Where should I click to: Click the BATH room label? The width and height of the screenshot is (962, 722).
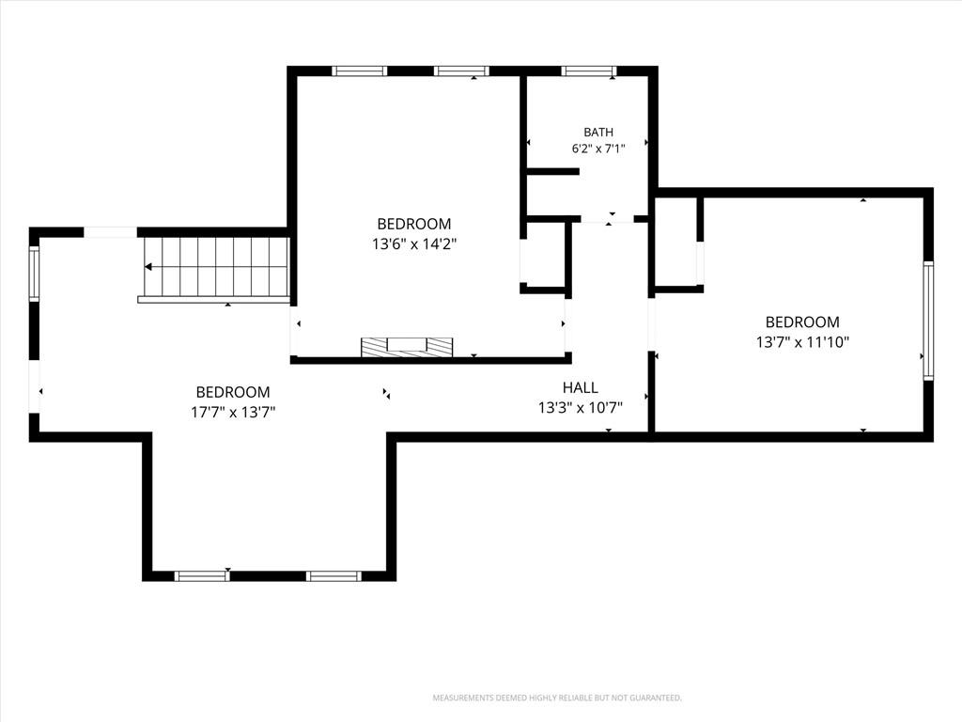(x=598, y=132)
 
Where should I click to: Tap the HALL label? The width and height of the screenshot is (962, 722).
(x=581, y=387)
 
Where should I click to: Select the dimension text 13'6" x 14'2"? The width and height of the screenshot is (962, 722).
(x=414, y=244)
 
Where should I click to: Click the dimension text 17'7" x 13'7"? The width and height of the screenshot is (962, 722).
(x=233, y=412)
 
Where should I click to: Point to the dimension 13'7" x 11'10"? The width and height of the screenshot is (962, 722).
(x=802, y=342)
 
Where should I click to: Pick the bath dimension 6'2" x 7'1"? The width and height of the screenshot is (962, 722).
(x=598, y=148)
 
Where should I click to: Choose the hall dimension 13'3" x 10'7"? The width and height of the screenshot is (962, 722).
(x=581, y=408)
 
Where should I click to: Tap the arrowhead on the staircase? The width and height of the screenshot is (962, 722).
(x=147, y=266)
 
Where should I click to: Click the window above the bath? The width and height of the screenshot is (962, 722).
(x=589, y=71)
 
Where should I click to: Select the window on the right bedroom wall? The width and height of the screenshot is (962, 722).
(x=928, y=321)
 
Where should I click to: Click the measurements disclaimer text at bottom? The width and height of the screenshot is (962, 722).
(x=557, y=698)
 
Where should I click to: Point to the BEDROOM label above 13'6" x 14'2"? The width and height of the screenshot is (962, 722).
(x=414, y=224)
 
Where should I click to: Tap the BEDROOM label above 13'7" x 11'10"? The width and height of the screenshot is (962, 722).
(x=802, y=322)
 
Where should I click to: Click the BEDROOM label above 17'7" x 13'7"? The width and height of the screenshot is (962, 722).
(x=233, y=392)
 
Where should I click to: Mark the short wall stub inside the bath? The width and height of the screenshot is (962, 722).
(x=552, y=171)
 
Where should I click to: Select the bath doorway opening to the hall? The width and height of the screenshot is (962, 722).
(x=607, y=218)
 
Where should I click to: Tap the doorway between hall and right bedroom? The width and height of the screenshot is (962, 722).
(x=652, y=324)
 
